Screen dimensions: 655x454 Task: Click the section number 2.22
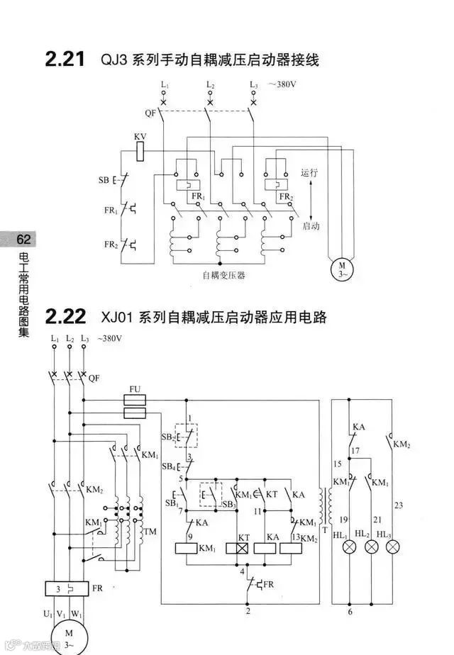pyautogui.click(x=65, y=315)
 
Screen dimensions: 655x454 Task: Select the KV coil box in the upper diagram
pyautogui.click(x=140, y=150)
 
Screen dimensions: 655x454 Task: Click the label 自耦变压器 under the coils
pyautogui.click(x=223, y=275)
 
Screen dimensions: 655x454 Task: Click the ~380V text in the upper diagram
pyautogui.click(x=282, y=84)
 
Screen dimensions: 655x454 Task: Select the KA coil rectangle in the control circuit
pyautogui.click(x=265, y=548)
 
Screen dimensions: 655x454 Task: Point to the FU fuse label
pyautogui.click(x=135, y=390)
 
